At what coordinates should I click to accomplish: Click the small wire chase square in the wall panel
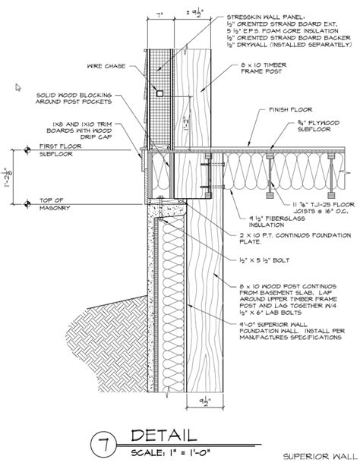pos(159,92)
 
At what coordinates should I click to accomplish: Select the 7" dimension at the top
pos(158,14)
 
